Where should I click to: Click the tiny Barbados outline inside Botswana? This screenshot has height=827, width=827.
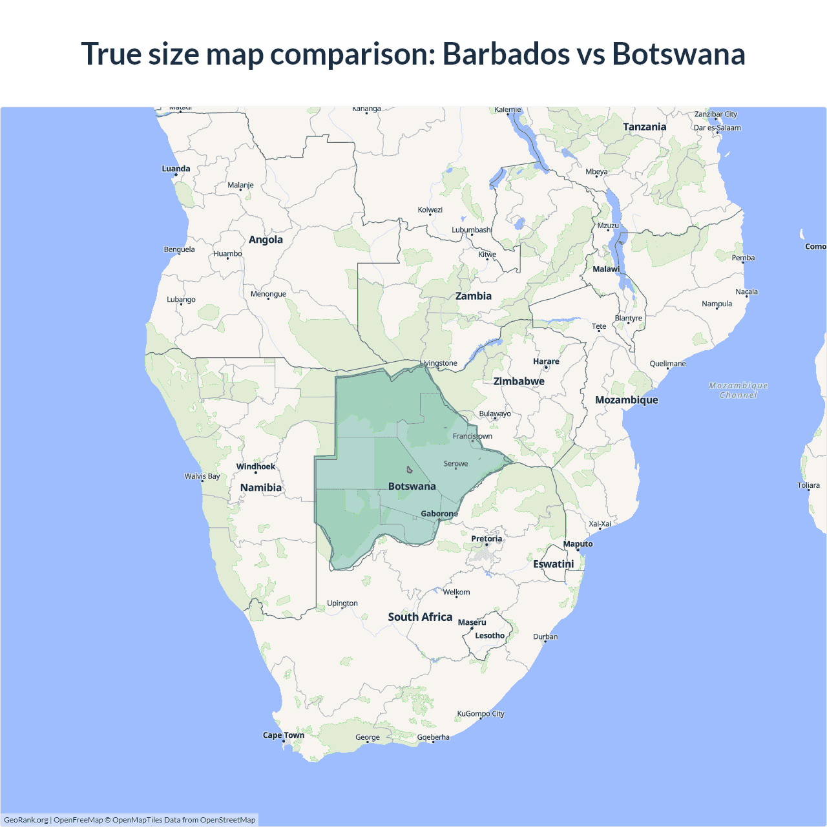(x=409, y=470)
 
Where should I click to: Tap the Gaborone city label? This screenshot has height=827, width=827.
(x=439, y=514)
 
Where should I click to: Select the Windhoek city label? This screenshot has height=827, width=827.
(x=255, y=466)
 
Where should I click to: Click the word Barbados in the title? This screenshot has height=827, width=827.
(x=506, y=54)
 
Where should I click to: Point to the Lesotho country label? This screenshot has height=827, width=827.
(x=490, y=636)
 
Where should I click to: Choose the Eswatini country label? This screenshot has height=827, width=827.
(x=554, y=564)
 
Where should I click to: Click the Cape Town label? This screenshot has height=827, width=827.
(x=283, y=735)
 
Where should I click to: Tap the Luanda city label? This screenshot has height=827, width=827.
(x=176, y=169)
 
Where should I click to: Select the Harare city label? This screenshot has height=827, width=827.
(x=546, y=362)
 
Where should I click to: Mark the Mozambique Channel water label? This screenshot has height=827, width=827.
(x=738, y=390)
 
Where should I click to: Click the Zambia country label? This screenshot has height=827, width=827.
(x=474, y=296)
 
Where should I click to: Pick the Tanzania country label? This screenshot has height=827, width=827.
(x=644, y=127)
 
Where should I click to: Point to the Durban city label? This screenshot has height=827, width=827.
(x=545, y=636)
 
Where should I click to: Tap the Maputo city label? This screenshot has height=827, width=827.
(x=578, y=544)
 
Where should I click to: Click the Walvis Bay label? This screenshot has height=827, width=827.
(x=202, y=476)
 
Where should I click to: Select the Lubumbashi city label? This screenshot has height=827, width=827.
(x=472, y=230)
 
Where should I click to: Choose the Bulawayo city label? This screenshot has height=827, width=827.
(x=495, y=413)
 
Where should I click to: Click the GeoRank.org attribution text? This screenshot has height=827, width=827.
(x=26, y=820)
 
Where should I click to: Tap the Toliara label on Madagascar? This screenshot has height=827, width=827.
(x=808, y=485)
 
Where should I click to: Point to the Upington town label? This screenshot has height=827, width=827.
(x=342, y=603)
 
